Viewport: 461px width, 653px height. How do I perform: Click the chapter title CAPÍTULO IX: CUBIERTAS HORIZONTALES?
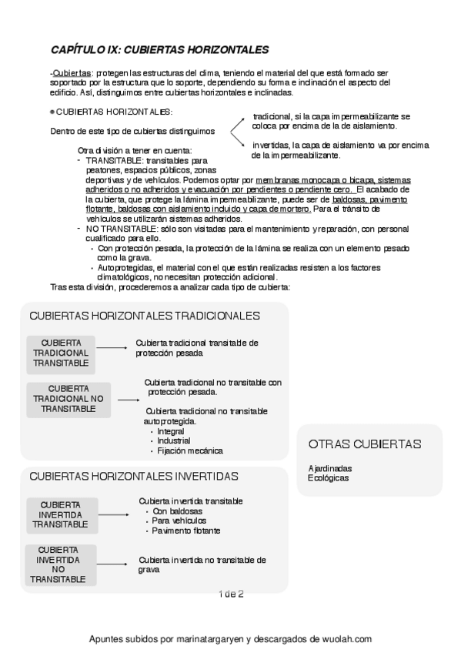(x=159, y=49)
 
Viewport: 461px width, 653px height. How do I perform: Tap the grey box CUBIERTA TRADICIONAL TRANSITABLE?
(x=61, y=352)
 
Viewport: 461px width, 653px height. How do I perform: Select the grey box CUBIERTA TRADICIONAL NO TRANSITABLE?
(x=68, y=399)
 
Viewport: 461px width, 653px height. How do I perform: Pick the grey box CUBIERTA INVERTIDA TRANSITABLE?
(x=61, y=514)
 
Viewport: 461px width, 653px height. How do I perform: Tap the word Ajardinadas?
(x=330, y=468)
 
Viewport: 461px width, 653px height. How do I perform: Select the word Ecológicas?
(x=328, y=478)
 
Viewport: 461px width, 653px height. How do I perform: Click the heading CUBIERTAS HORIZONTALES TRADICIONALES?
(x=144, y=316)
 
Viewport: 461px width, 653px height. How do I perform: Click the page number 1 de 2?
(x=231, y=594)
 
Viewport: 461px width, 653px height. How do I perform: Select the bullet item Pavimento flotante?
(x=186, y=531)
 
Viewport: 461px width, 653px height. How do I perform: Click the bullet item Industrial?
(x=174, y=441)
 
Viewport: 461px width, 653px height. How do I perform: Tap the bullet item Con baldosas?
(x=177, y=511)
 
